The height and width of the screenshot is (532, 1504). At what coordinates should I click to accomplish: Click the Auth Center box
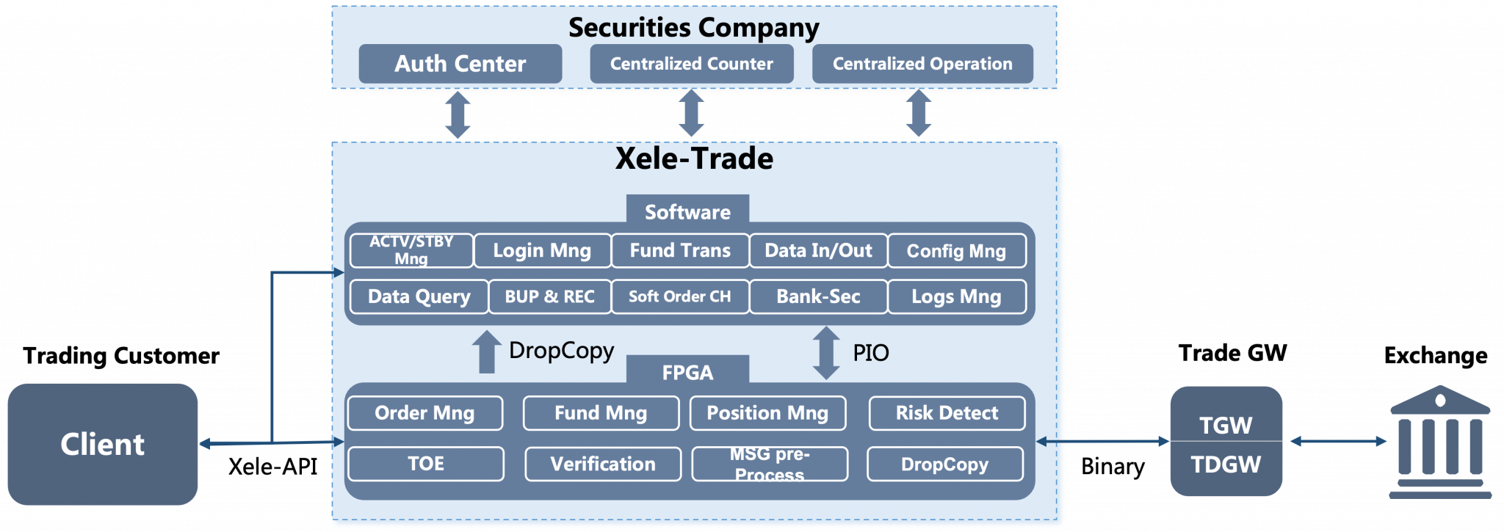pyautogui.click(x=460, y=64)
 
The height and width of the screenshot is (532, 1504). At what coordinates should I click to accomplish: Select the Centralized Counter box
pyautogui.click(x=691, y=64)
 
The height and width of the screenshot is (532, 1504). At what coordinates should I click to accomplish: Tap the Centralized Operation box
pyautogui.click(x=922, y=64)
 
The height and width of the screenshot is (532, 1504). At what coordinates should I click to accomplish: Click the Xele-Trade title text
pyautogui.click(x=694, y=158)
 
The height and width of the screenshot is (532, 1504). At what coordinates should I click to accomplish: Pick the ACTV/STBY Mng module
pyautogui.click(x=411, y=250)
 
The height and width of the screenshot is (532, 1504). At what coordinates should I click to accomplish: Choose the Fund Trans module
pyautogui.click(x=680, y=250)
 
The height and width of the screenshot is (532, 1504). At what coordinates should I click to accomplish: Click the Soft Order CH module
pyautogui.click(x=680, y=296)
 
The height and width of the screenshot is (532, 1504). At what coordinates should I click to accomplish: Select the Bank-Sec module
pyautogui.click(x=818, y=296)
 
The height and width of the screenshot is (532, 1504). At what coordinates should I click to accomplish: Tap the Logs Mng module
pyautogui.click(x=956, y=296)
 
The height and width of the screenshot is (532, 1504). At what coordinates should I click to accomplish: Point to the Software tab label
pyautogui.click(x=687, y=211)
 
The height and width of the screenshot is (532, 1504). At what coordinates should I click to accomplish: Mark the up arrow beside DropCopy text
pyautogui.click(x=485, y=352)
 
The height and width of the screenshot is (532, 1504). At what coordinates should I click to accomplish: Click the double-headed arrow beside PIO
pyautogui.click(x=826, y=353)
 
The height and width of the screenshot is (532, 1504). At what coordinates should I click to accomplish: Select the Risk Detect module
pyautogui.click(x=947, y=413)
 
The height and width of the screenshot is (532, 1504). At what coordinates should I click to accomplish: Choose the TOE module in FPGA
pyautogui.click(x=426, y=464)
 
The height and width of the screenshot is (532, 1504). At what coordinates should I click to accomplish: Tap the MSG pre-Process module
pyautogui.click(x=770, y=464)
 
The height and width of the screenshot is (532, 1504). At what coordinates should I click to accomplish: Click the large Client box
pyautogui.click(x=103, y=445)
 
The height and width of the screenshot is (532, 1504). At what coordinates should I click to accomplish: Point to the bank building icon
pyautogui.click(x=1439, y=442)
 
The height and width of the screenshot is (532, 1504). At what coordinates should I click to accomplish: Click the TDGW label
pyautogui.click(x=1226, y=464)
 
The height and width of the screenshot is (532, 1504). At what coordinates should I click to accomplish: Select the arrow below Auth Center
pyautogui.click(x=458, y=115)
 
